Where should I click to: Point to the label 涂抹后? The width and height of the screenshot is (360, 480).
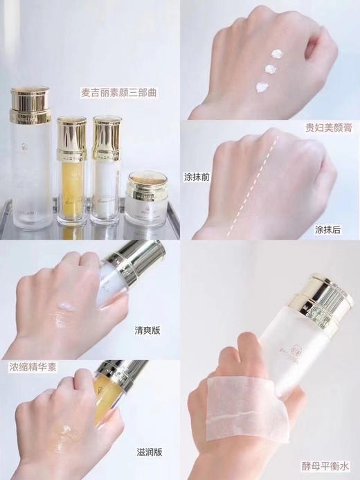tap(327, 229)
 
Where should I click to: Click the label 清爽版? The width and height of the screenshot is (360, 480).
tap(146, 330)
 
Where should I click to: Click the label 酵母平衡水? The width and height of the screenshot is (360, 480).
tap(327, 463)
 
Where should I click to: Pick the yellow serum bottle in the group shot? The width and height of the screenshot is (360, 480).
tap(71, 177)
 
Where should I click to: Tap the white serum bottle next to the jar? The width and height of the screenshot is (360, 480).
tap(107, 173)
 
